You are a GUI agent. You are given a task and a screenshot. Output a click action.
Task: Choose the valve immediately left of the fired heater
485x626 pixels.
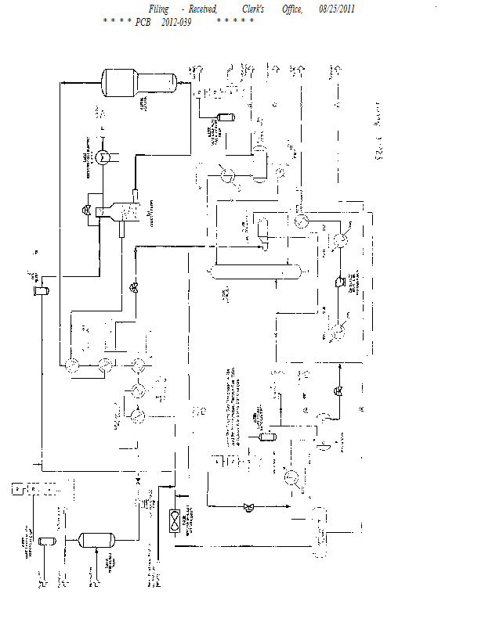(87, 210)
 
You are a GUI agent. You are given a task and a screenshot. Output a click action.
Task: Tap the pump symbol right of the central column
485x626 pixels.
(339, 282)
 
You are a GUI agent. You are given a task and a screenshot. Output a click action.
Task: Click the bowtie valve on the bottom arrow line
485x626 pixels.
(250, 506)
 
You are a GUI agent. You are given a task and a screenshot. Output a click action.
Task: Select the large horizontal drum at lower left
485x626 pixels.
(96, 539)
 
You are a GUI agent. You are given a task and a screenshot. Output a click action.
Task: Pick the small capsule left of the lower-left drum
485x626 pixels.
(46, 541)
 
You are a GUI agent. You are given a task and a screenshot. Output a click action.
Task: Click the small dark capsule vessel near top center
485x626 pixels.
(227, 117)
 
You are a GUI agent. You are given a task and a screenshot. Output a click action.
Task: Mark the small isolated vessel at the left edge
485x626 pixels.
(40, 291)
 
